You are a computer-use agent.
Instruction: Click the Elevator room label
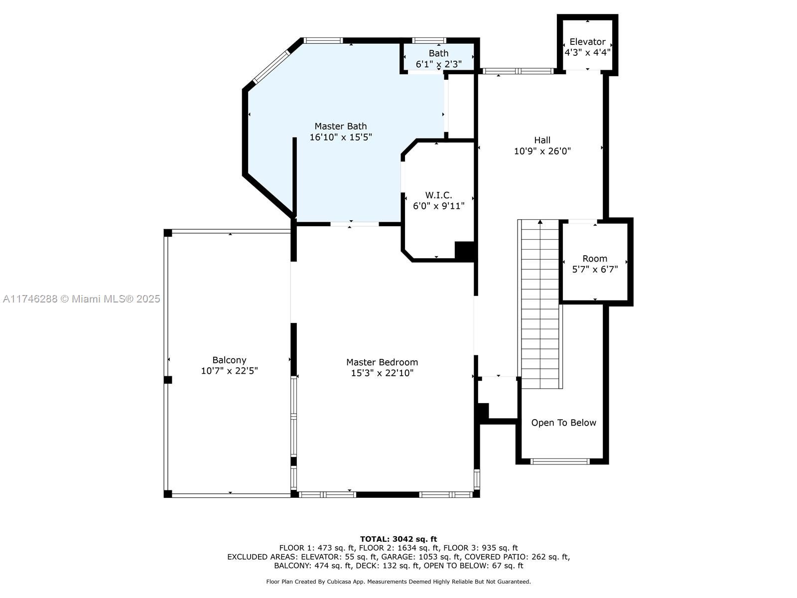[x=587, y=42]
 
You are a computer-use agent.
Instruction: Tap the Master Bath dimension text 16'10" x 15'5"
[x=341, y=137]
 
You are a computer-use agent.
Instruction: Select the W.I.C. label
[x=438, y=195]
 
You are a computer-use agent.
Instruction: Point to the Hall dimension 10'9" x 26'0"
[x=542, y=151]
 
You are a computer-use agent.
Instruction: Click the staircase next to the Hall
[x=540, y=304]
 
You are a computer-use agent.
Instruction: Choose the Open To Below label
[x=563, y=423]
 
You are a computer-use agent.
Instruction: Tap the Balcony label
[x=229, y=360]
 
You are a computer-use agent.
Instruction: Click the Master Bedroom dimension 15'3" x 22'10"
[x=382, y=373]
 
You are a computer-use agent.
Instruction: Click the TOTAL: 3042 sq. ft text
[x=398, y=539]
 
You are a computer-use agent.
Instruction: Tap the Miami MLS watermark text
[x=81, y=299]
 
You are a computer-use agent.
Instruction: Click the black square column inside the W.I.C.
[x=465, y=251]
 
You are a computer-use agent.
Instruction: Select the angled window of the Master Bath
[x=271, y=66]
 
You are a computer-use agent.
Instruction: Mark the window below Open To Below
[x=559, y=461]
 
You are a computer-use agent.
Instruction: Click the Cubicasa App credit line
[x=398, y=582]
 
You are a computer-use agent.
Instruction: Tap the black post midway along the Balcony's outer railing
[x=168, y=380]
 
